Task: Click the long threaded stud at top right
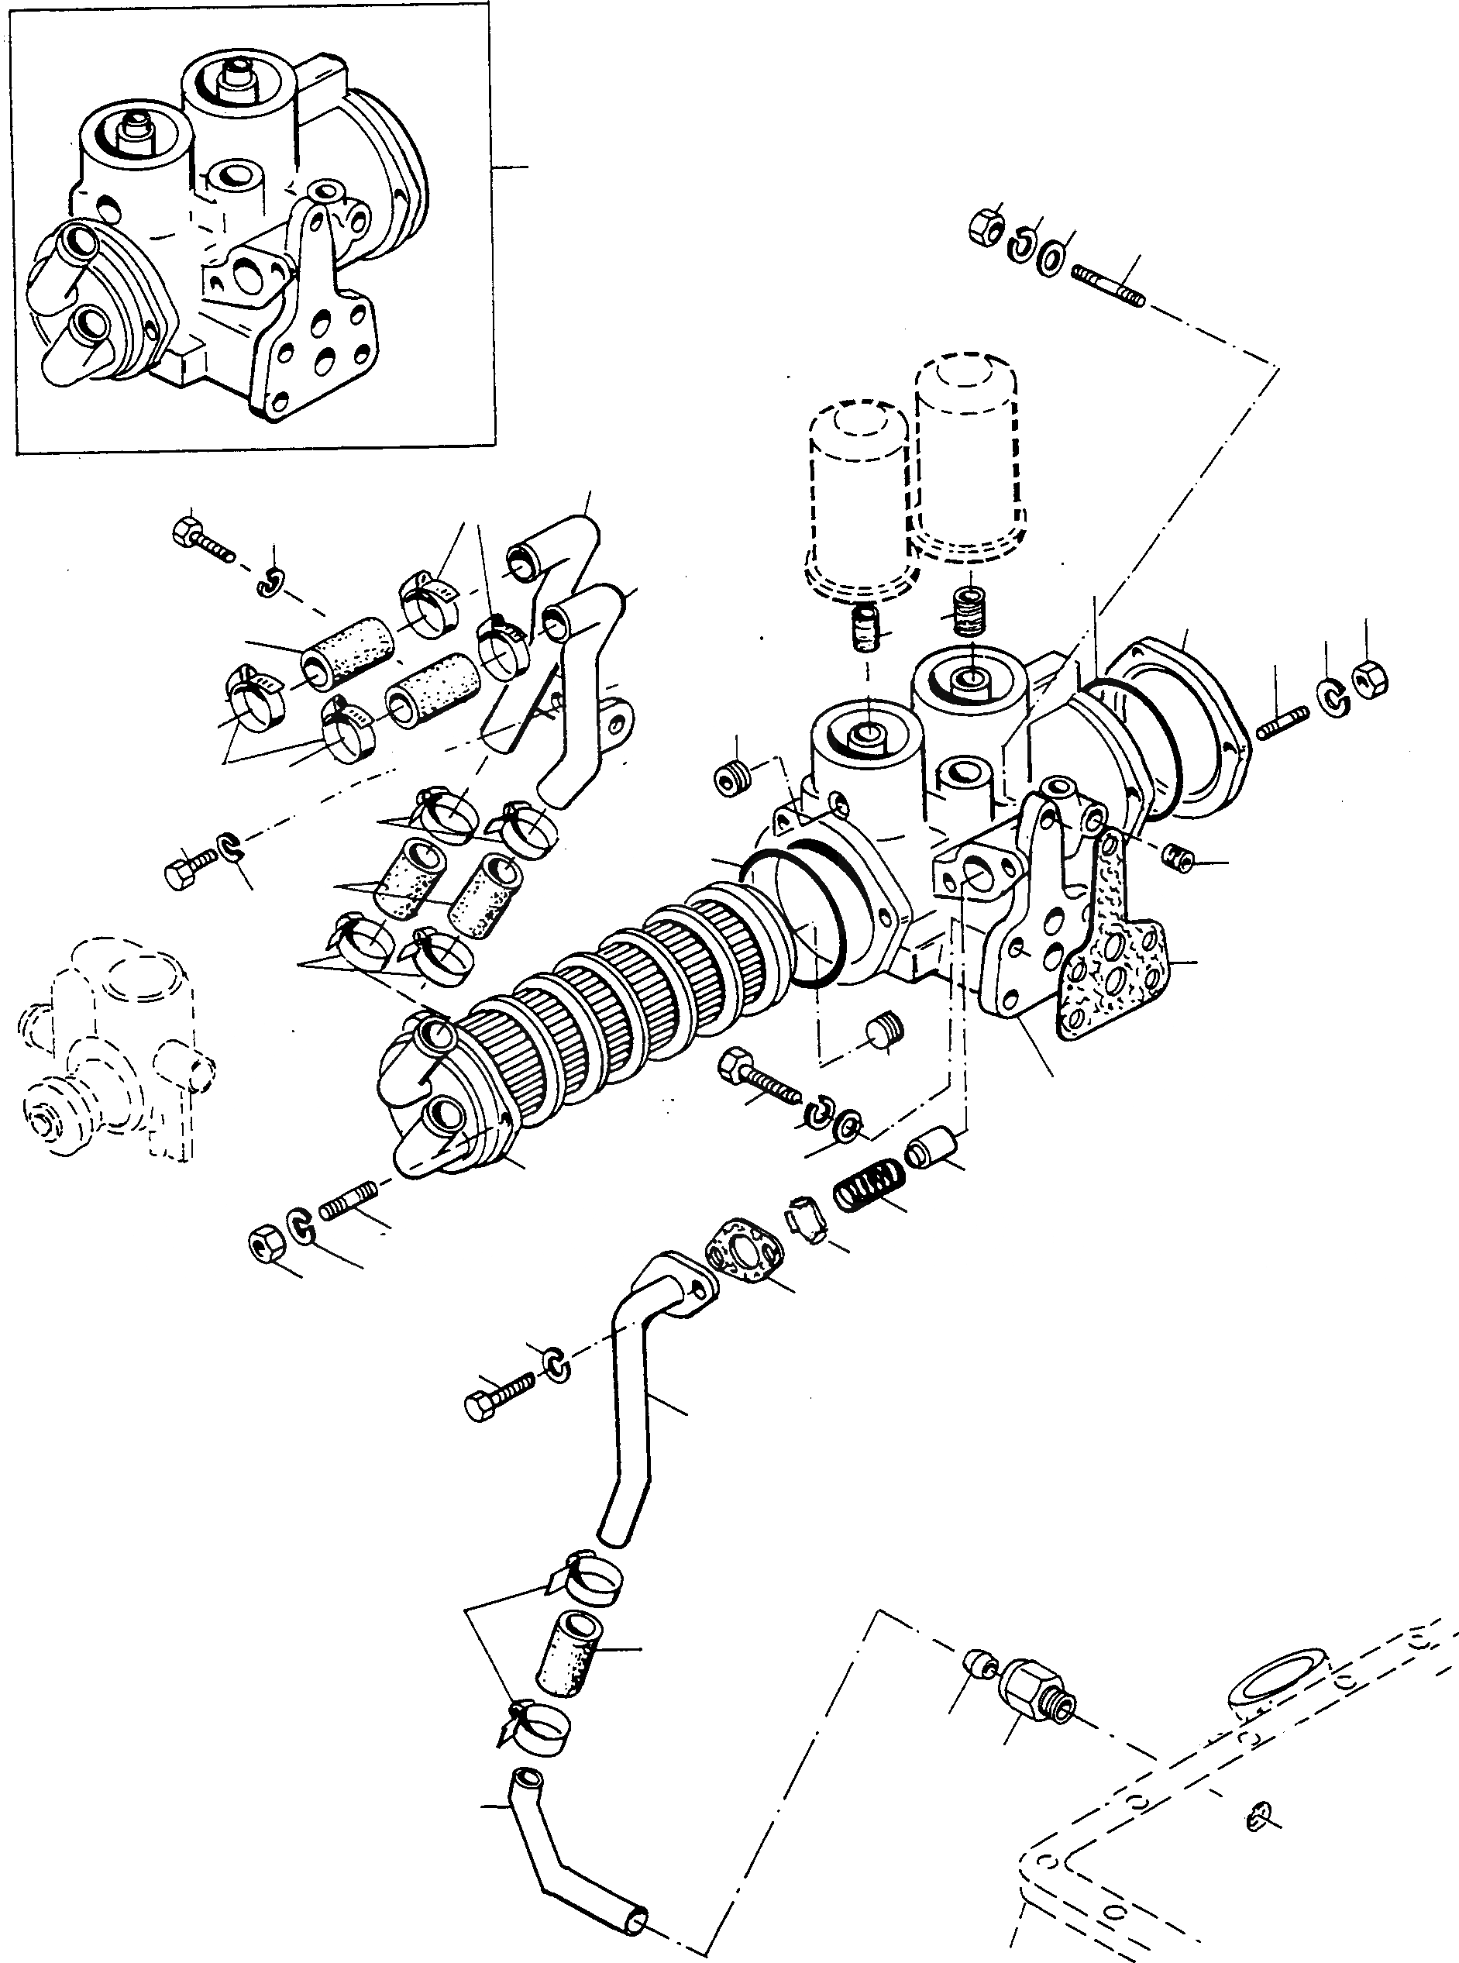1108,286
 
